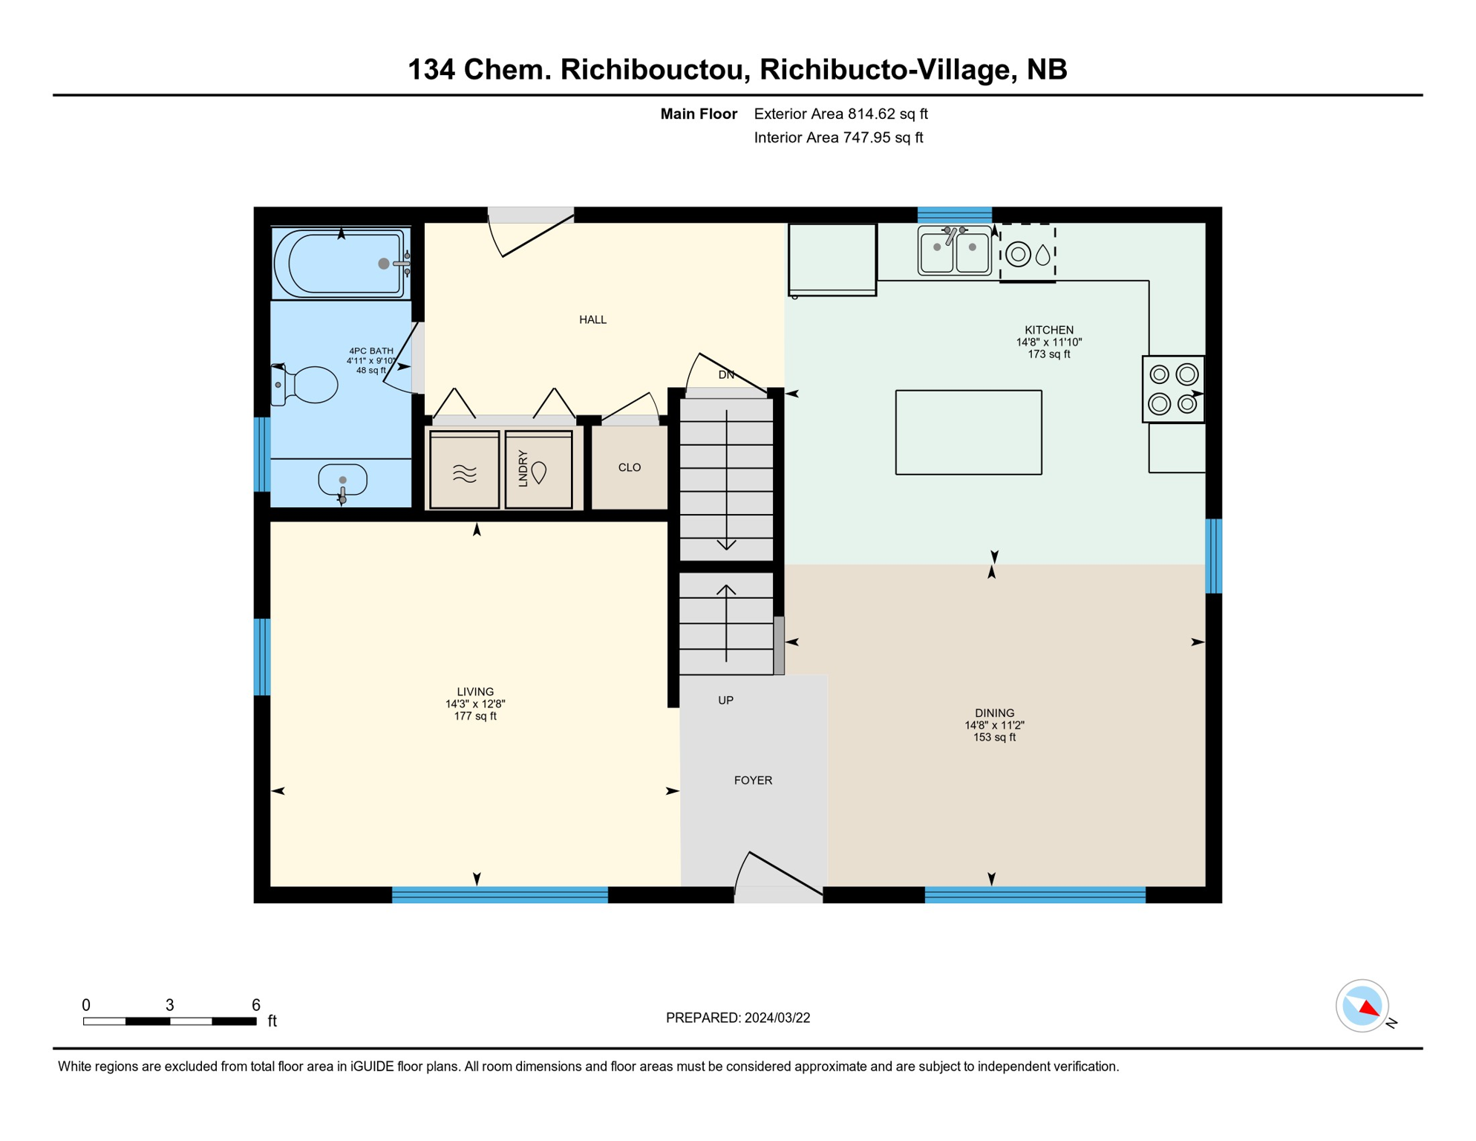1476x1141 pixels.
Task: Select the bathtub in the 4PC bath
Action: [340, 264]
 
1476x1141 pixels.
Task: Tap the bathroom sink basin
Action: [342, 479]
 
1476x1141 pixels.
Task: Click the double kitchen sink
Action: [954, 251]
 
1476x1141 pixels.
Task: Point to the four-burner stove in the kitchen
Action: [1172, 389]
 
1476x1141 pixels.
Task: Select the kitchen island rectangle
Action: [968, 432]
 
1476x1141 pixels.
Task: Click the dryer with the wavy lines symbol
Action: [464, 470]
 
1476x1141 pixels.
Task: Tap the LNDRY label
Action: [523, 468]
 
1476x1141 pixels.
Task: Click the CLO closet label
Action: [629, 467]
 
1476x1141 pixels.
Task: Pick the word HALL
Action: [592, 320]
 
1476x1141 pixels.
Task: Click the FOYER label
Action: [753, 780]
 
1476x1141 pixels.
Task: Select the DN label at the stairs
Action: [726, 375]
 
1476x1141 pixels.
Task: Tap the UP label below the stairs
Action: [725, 700]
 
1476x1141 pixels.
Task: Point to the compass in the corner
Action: [1362, 1006]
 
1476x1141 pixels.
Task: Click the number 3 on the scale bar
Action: [169, 1005]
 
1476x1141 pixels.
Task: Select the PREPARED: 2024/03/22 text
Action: [737, 1018]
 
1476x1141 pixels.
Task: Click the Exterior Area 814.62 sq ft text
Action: [840, 114]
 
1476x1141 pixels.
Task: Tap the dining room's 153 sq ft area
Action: [993, 738]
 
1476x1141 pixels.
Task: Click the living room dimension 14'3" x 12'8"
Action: [475, 703]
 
